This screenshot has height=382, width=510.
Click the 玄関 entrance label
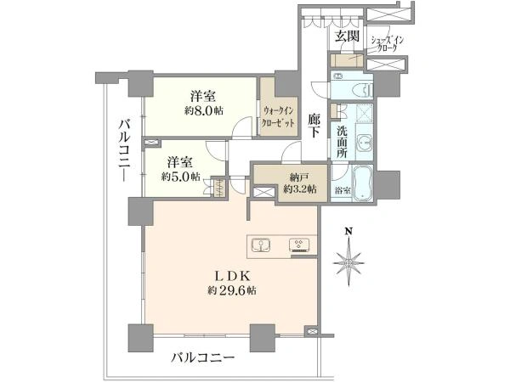(x=347, y=36)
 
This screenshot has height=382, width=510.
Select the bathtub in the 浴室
(x=363, y=183)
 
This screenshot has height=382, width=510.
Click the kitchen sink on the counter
(x=262, y=245)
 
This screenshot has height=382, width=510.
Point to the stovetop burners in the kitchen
(x=299, y=245)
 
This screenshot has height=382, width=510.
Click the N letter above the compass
(x=348, y=231)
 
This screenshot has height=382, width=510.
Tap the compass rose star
(x=348, y=261)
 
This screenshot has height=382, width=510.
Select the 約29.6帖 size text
(x=231, y=290)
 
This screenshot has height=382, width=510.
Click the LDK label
(x=232, y=276)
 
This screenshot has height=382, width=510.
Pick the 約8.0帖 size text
(x=204, y=111)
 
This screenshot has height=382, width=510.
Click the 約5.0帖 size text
(x=180, y=177)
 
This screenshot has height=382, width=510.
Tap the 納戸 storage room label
(x=299, y=177)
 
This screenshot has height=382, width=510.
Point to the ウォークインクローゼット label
(x=279, y=116)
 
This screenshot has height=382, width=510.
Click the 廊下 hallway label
(x=314, y=126)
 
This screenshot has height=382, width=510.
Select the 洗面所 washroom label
(x=342, y=142)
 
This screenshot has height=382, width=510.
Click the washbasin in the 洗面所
(x=365, y=143)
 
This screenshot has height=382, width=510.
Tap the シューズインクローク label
(x=388, y=44)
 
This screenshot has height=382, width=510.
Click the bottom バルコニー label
(x=203, y=358)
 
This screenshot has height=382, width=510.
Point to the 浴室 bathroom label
(x=343, y=191)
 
